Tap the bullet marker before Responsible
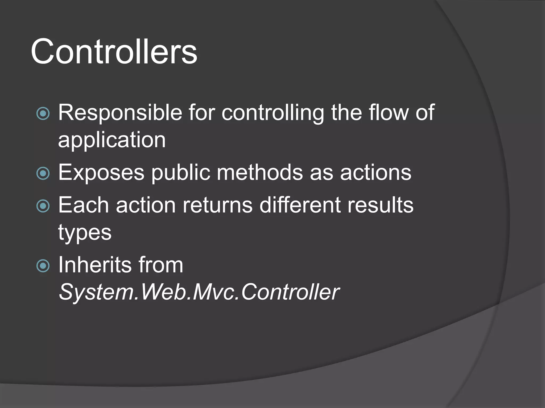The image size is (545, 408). click(43, 114)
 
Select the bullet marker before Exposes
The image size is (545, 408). click(43, 173)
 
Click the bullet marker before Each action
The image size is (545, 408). click(43, 206)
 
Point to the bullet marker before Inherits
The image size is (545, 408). click(43, 266)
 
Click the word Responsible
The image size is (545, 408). click(120, 113)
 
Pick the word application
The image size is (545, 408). click(112, 140)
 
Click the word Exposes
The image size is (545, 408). click(101, 173)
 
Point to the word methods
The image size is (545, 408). click(260, 173)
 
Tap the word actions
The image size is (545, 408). click(376, 173)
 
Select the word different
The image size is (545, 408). click(300, 205)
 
